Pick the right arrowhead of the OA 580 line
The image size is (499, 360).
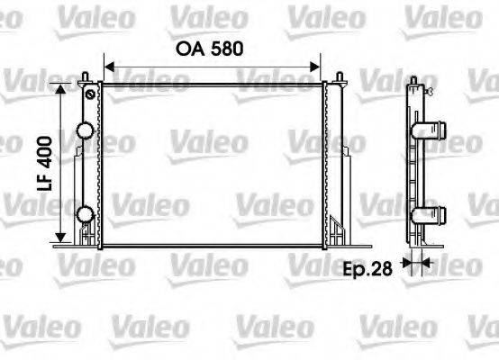(x=317, y=65)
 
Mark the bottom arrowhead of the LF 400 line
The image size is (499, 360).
(x=61, y=239)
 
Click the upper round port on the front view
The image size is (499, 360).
(x=86, y=131)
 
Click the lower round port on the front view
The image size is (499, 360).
(x=86, y=213)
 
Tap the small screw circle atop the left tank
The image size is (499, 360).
(x=89, y=93)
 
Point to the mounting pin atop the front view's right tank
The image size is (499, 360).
(x=340, y=78)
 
